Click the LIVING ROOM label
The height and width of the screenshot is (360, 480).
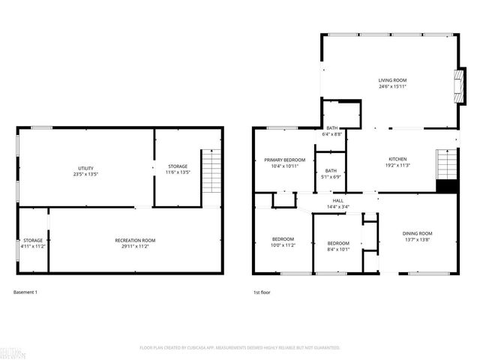(x=392, y=79)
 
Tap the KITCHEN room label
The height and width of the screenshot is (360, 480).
(x=397, y=159)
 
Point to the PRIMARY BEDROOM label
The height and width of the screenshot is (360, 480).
(x=284, y=160)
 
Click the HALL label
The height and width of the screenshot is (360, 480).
(x=338, y=201)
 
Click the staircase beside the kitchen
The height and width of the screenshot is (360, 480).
(x=447, y=164)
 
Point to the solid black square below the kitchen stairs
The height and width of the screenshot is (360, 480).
(x=447, y=187)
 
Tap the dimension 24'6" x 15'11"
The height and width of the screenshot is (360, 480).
(x=392, y=86)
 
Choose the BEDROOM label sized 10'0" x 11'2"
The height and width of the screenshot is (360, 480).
(x=283, y=239)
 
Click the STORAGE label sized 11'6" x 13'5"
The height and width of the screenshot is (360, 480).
(x=178, y=166)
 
